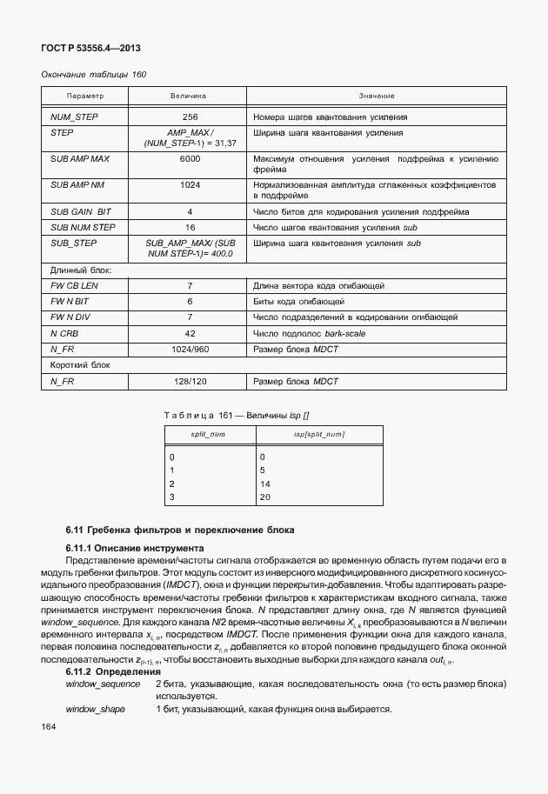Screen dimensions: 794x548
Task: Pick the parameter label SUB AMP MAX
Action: click(79, 160)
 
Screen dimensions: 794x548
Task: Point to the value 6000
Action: click(190, 160)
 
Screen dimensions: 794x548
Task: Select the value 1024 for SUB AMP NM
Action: click(190, 186)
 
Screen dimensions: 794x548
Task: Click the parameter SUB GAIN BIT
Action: click(81, 212)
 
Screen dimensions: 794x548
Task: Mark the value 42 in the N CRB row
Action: click(190, 333)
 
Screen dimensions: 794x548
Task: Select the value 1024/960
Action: click(190, 349)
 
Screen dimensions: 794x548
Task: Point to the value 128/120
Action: click(190, 381)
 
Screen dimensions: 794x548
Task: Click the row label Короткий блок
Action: click(80, 365)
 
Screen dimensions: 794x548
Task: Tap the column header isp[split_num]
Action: click(314, 434)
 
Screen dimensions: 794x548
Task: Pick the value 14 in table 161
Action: click(265, 484)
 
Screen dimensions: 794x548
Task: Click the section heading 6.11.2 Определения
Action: click(113, 672)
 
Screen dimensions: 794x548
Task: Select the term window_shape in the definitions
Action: click(95, 710)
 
